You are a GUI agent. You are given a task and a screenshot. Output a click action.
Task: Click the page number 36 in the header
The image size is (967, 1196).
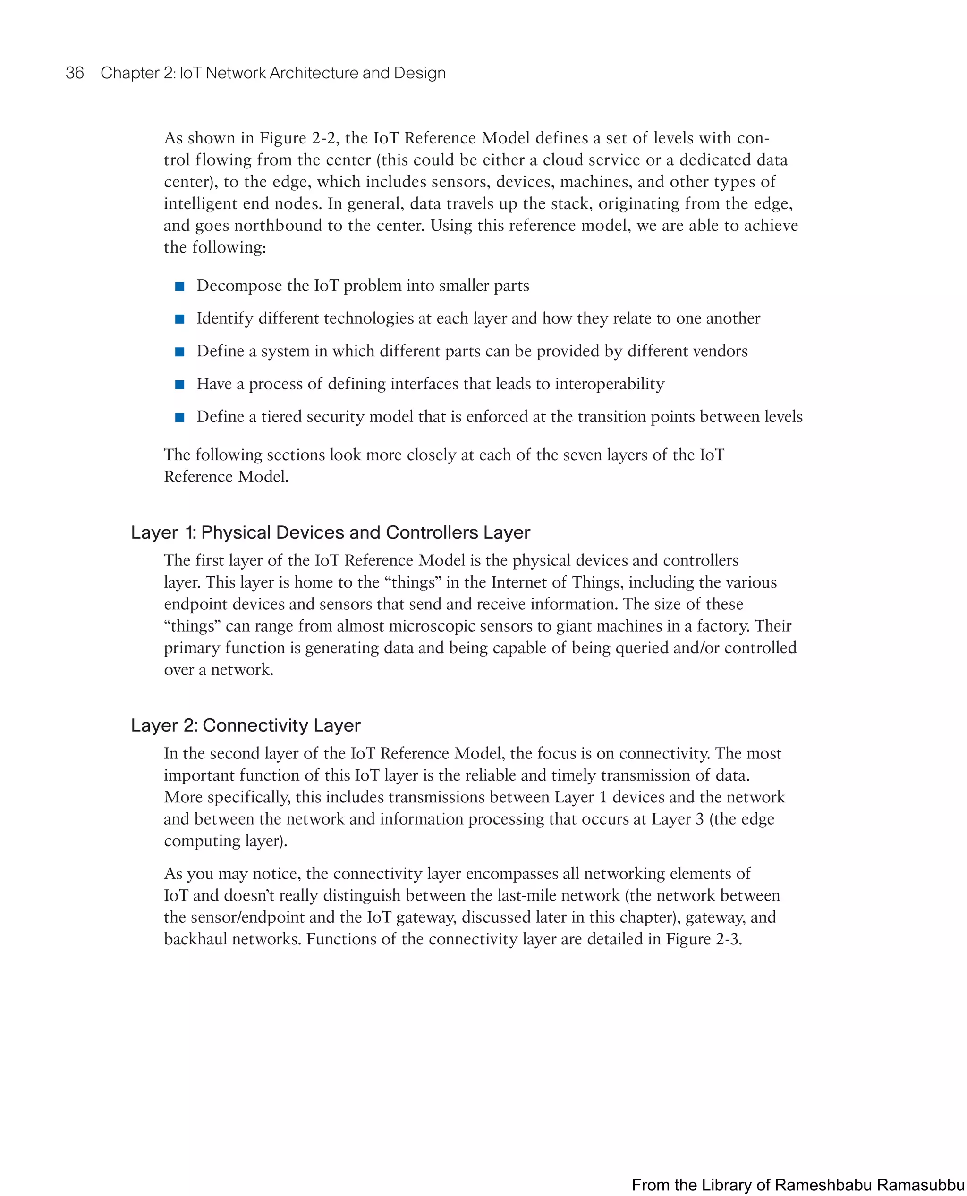75,73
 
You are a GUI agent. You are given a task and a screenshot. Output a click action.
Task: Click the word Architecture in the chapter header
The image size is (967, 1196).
315,73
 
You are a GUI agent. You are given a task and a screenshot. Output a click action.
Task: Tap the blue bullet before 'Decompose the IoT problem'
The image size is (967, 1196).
179,286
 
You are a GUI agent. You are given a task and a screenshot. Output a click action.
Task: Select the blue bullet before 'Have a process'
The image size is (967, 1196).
179,385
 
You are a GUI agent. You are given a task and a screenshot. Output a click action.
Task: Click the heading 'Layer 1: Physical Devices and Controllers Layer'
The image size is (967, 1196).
331,532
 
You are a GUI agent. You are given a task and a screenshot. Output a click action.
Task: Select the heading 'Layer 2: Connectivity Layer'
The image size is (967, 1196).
246,725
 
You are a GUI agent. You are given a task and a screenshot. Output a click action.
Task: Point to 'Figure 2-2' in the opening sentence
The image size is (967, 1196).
283,138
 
